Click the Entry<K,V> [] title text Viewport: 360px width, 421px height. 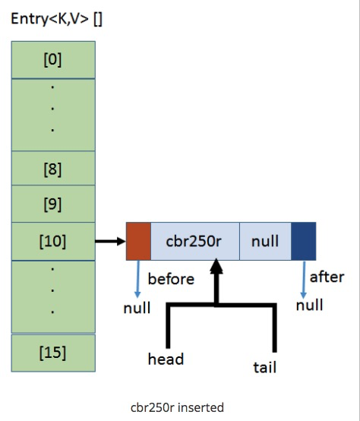pos(57,19)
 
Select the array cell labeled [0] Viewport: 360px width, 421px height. pos(53,59)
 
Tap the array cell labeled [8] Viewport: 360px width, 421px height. pos(53,169)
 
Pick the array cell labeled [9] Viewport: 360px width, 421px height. pos(53,204)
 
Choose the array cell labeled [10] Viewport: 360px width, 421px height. pos(53,242)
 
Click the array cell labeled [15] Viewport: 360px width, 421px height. pos(53,353)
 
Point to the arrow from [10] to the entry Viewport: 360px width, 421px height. pos(111,241)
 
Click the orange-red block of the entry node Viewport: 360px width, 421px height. pos(138,241)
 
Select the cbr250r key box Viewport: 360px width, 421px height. pos(195,241)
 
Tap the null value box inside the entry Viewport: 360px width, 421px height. pos(265,241)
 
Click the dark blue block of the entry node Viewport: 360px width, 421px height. pos(303,241)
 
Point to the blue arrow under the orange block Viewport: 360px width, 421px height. pos(138,279)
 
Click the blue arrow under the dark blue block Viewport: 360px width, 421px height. pos(304,280)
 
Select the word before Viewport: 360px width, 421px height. pos(171,279)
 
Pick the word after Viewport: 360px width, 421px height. pos(327,277)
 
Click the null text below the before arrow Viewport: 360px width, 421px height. pos(137,308)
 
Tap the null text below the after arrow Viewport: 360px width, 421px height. pos(309,305)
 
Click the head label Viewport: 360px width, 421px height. pos(166,359)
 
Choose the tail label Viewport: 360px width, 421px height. pos(265,367)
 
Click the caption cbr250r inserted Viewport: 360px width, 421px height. pos(177,407)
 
